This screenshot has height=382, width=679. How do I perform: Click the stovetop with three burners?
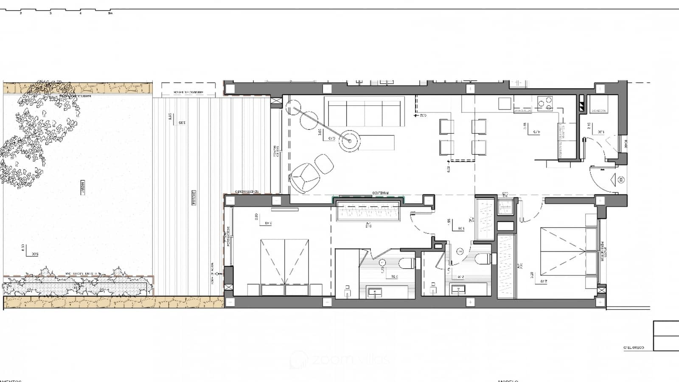coord(545,102)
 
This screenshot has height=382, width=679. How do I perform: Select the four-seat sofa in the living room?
coord(364,112)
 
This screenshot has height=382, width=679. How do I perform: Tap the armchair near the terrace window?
coord(304,176)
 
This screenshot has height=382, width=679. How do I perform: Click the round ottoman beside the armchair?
coord(325,163)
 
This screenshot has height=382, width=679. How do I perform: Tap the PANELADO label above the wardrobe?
coord(380,193)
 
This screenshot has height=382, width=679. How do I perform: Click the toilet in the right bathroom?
coord(483,259)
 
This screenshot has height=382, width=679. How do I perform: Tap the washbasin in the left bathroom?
coord(375,292)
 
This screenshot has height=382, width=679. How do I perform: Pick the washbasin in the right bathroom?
coord(458,290)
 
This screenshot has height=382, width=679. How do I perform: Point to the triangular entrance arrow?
coord(612,180)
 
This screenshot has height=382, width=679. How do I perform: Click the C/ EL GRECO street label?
coord(633,348)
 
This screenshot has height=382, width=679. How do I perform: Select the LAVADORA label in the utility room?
coord(599,111)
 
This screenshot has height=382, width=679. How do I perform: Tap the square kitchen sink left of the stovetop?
coord(505,104)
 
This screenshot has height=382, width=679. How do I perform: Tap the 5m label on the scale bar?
coord(110,14)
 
